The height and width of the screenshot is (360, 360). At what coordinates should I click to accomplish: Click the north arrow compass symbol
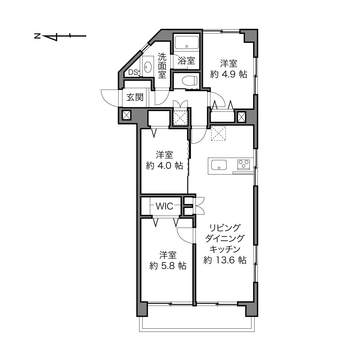(60, 36)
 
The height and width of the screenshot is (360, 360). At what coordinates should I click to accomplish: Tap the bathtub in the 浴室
(186, 42)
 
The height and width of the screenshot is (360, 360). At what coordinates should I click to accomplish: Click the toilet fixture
(189, 80)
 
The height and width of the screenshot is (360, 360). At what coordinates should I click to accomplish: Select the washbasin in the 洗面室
(148, 67)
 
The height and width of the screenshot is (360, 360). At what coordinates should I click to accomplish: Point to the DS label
(133, 72)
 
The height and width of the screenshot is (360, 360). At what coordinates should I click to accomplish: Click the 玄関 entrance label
(135, 97)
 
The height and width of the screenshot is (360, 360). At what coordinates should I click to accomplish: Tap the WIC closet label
(164, 206)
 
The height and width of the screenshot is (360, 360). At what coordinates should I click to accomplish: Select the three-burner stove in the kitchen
(244, 164)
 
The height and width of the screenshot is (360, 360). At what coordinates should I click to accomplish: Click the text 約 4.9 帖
(229, 74)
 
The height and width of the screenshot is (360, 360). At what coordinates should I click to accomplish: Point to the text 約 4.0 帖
(164, 166)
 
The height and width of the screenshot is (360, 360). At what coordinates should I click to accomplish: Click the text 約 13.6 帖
(225, 260)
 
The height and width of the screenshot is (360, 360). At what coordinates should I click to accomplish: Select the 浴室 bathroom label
(186, 61)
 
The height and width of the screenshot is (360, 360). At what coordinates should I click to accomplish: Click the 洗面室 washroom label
(162, 66)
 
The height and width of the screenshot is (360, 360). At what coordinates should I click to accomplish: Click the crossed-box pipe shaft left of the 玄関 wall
(127, 115)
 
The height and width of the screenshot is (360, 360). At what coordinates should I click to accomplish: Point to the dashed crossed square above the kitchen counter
(219, 133)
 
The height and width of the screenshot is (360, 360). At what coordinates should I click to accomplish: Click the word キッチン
(225, 249)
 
